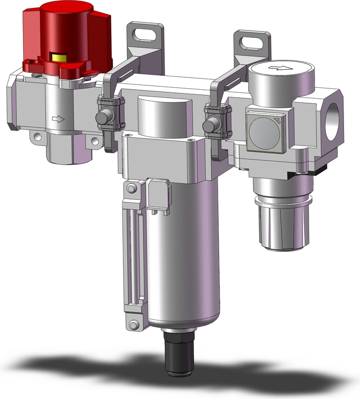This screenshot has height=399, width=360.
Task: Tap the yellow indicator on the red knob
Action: tap(61, 58)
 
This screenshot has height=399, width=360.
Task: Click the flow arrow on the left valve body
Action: tap(58, 119)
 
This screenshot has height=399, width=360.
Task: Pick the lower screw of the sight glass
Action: tap(132, 325)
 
